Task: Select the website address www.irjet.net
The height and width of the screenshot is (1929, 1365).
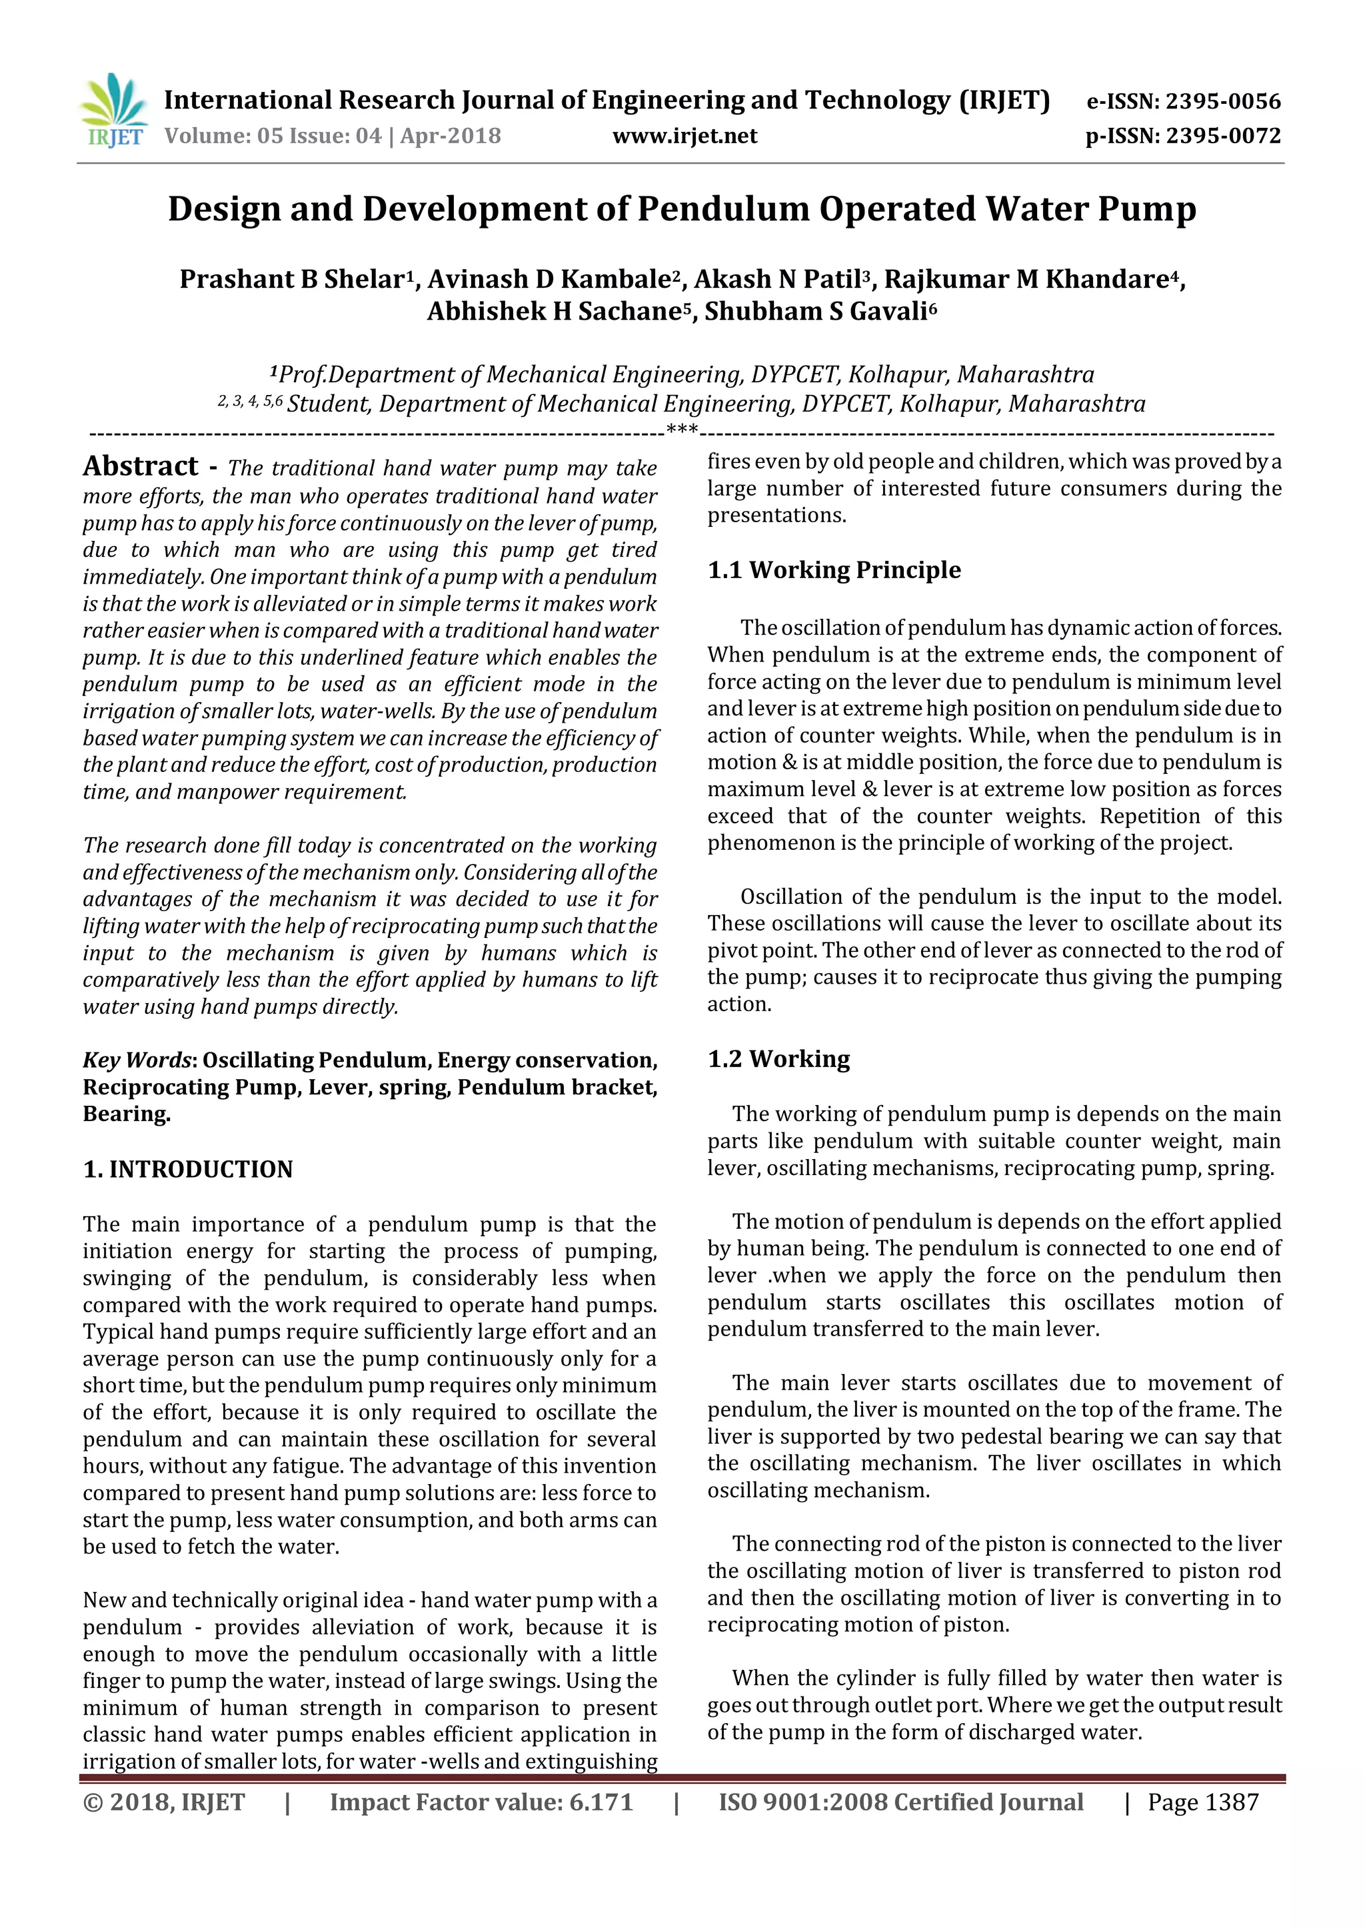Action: (684, 136)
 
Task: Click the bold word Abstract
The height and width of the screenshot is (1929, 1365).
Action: (141, 466)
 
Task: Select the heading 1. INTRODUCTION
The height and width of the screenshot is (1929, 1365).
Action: (187, 1170)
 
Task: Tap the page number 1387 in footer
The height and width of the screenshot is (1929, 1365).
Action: (1230, 1803)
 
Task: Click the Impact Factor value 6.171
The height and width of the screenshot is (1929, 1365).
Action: (600, 1803)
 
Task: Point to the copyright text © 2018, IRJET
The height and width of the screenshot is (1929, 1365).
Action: (164, 1803)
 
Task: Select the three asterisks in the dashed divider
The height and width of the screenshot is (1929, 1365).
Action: (682, 431)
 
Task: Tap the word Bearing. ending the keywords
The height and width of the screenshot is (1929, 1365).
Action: (126, 1114)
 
